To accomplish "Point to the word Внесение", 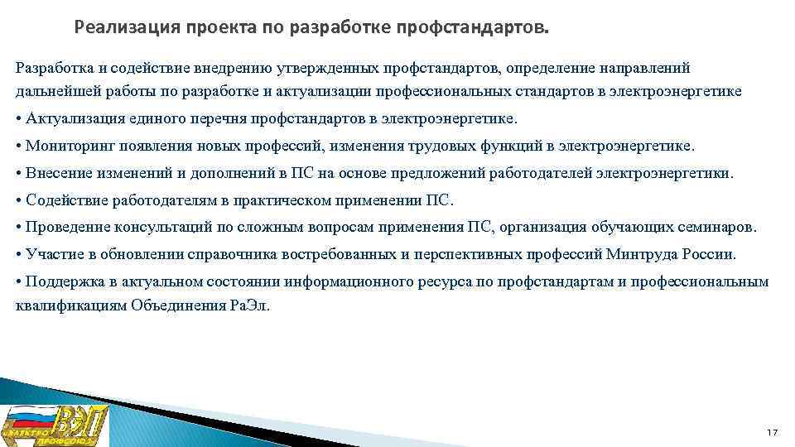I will coord(59,173).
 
